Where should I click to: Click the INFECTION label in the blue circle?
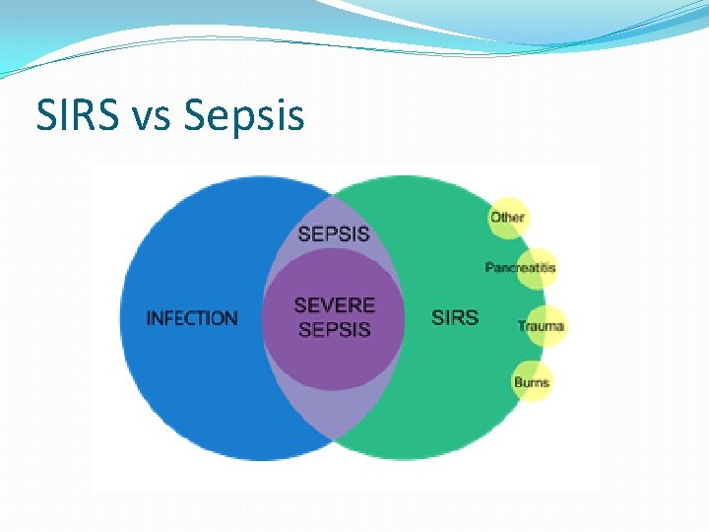coord(192,318)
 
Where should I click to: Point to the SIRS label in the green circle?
coord(455,317)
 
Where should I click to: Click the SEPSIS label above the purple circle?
coord(334,234)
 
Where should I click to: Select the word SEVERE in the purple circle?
coord(334,305)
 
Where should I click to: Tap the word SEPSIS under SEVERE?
coord(334,330)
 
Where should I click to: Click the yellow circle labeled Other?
coord(508,217)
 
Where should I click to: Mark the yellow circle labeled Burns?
coord(532,382)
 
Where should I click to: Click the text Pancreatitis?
coord(521,268)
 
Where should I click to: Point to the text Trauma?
coord(542,326)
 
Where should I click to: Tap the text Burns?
coord(532,382)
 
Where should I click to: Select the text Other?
coord(508,217)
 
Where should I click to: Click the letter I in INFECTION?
coord(150,318)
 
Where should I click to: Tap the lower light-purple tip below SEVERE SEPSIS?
coord(334,414)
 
